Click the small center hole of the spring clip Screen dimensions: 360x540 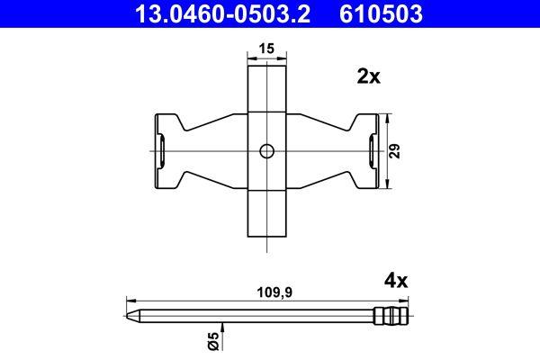265,151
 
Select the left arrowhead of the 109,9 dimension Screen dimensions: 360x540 127,301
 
